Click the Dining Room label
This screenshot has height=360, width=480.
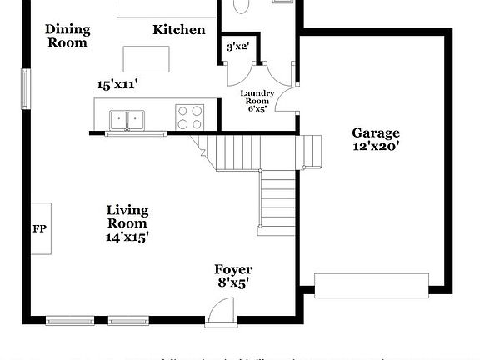click(x=67, y=36)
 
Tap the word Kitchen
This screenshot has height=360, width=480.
click(x=178, y=30)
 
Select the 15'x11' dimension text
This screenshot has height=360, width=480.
click(x=117, y=84)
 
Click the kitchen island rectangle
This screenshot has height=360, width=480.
click(x=147, y=59)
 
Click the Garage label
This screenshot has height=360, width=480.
click(x=375, y=132)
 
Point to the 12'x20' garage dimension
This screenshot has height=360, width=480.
click(x=375, y=147)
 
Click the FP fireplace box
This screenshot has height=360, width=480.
click(x=39, y=228)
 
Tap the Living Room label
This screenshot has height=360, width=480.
click(x=127, y=216)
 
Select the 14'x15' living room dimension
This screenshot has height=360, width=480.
click(x=127, y=236)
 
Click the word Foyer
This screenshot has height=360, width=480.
click(x=233, y=269)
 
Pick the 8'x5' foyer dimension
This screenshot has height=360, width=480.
click(x=232, y=282)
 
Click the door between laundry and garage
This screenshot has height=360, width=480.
click(x=288, y=102)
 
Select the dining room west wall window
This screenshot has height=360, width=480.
click(x=25, y=88)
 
